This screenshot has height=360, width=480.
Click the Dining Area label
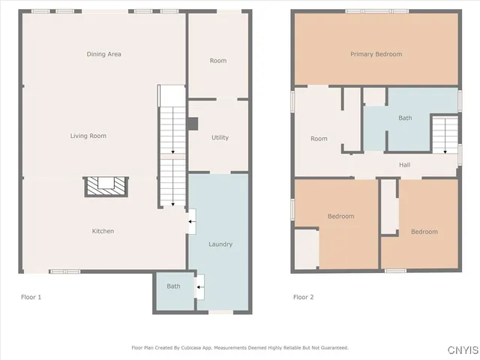103,54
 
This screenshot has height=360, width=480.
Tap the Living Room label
88,136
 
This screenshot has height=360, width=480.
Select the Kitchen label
103,231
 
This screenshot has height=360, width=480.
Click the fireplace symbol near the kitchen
106,184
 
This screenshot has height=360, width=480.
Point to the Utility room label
220,137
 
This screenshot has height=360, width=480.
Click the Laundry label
220,244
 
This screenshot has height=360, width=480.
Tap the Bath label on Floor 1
173,286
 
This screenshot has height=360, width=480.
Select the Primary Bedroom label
376,54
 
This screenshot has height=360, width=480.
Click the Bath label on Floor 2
405,118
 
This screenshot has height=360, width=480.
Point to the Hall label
404,165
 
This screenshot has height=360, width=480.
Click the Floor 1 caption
31,297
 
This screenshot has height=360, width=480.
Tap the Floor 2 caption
303,297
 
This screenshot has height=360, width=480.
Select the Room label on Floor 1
217,61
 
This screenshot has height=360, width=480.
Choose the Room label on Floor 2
319,138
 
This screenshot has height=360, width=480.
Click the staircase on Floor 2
445,132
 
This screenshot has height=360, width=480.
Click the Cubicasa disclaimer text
240,347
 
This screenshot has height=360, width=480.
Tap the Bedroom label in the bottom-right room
424,232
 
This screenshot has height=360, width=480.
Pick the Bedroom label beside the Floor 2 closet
340,217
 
